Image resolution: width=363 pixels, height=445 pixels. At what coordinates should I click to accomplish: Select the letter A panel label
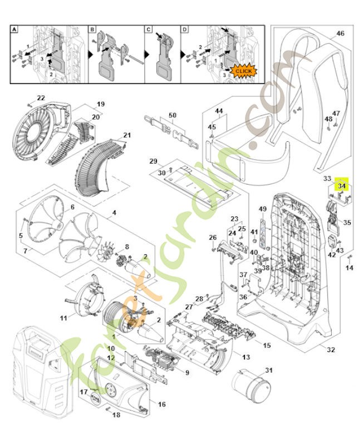pyautogui.click(x=16, y=28)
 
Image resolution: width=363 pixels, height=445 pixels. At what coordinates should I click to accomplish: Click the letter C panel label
pyautogui.click(x=149, y=28)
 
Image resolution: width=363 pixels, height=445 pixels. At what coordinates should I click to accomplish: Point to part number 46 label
pyautogui.click(x=340, y=33)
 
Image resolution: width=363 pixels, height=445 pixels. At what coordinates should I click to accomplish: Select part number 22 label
pyautogui.click(x=41, y=98)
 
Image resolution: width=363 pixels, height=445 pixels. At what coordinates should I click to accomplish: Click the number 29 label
pyautogui.click(x=153, y=161)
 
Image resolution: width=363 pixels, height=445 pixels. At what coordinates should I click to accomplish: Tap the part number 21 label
pyautogui.click(x=127, y=135)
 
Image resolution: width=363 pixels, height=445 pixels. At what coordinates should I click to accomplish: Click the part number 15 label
pyautogui.click(x=267, y=345)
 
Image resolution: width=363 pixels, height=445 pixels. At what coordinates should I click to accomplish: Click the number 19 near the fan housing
pyautogui.click(x=101, y=104)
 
